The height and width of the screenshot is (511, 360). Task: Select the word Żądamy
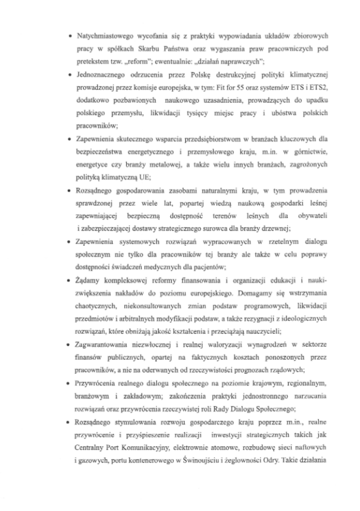(87, 279)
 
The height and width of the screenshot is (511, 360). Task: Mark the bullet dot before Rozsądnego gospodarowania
(70, 191)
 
